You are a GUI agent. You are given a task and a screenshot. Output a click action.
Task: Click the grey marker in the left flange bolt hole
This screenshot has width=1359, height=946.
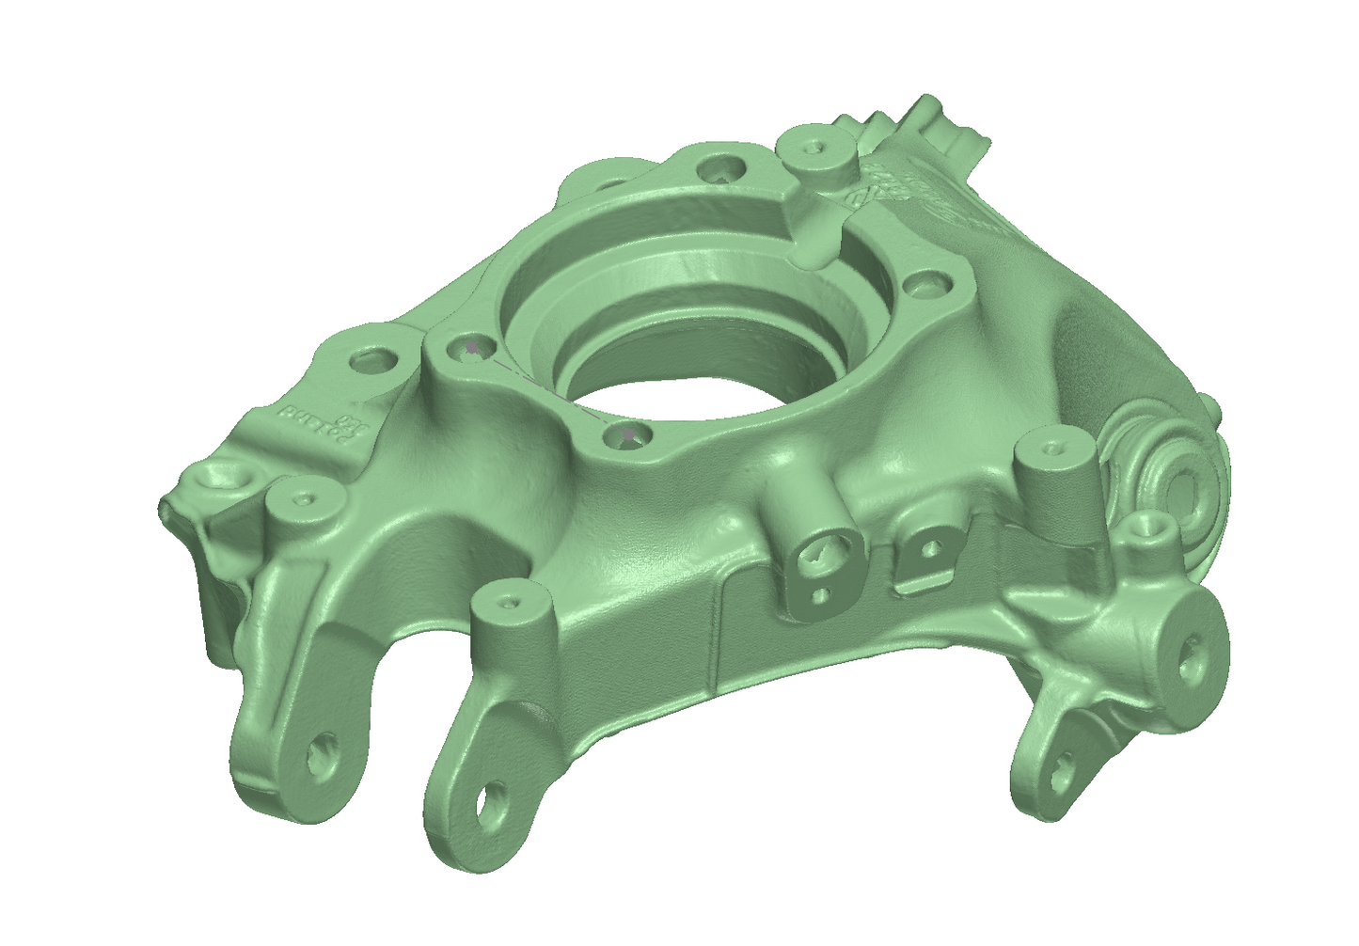click(x=473, y=349)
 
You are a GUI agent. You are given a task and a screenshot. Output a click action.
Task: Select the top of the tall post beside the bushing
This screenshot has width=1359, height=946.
click(x=1050, y=449)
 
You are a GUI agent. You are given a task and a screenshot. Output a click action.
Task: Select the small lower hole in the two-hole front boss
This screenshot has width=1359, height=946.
click(x=821, y=594)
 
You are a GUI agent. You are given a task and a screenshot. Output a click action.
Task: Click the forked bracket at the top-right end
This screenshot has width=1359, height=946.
click(x=945, y=122)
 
